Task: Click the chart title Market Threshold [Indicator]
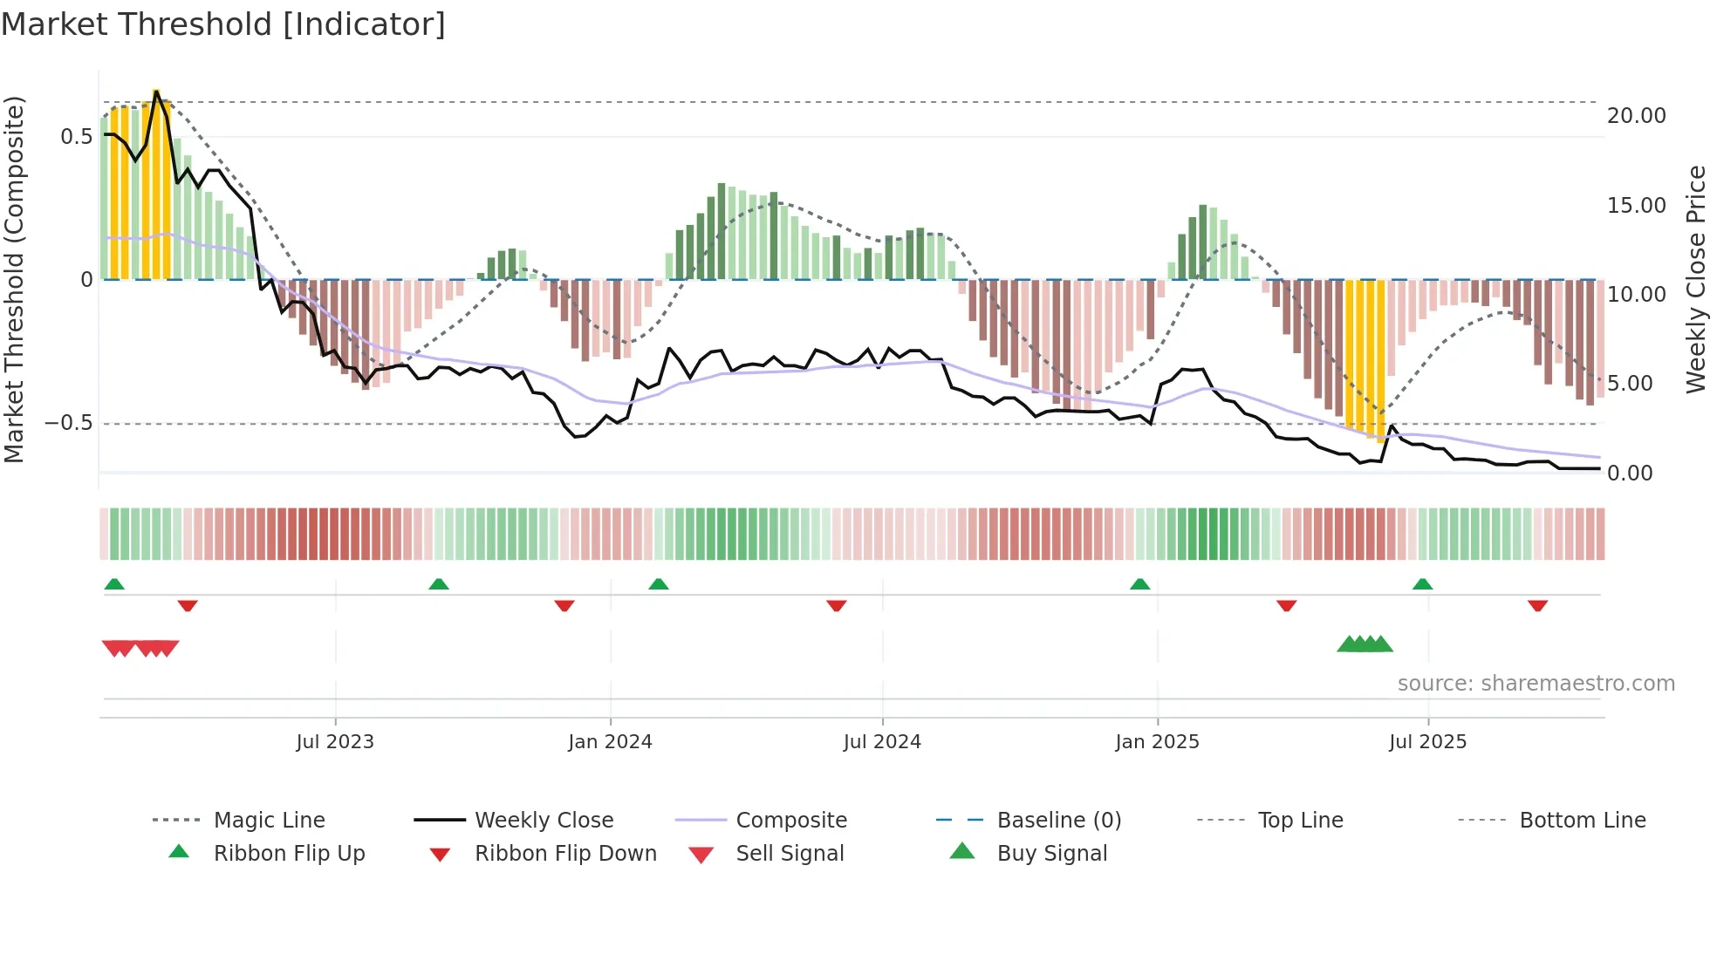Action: (x=223, y=24)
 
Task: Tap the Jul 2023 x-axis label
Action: (x=335, y=742)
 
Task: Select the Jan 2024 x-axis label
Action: (x=610, y=742)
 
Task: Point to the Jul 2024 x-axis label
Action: (x=882, y=742)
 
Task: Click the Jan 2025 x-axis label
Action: (x=1157, y=742)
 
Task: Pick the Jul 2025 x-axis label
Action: (x=1427, y=742)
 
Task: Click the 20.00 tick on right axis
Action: (x=1636, y=116)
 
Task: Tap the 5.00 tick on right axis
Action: (x=1629, y=384)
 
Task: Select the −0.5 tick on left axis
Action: (x=68, y=423)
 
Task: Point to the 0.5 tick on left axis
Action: (x=76, y=137)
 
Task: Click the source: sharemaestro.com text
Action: (x=1536, y=684)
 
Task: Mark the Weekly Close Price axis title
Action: (x=1695, y=279)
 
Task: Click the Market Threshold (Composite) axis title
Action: (x=14, y=279)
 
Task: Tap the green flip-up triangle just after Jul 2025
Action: (x=1422, y=584)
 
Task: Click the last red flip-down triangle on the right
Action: (x=1537, y=605)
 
